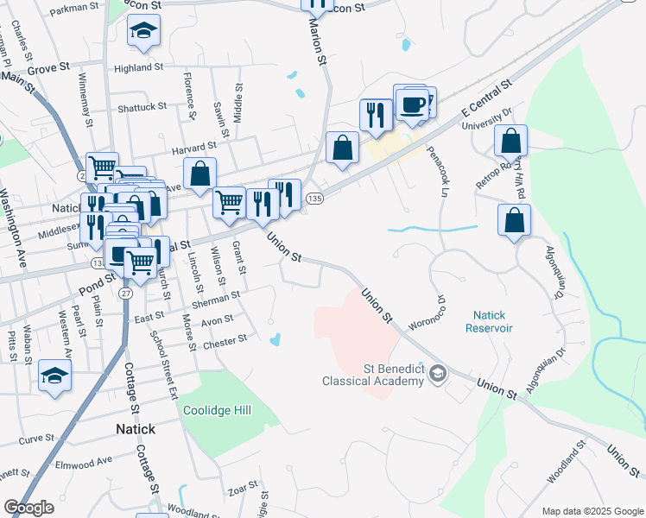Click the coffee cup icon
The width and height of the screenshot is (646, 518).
[x=412, y=105]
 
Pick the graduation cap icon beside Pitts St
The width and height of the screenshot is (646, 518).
[x=54, y=376]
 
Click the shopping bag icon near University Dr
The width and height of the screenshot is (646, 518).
[x=511, y=141]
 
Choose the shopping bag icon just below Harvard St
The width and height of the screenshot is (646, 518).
[x=200, y=174]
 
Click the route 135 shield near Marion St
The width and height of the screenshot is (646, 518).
[x=316, y=199]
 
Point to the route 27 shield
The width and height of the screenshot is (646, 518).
[x=126, y=294]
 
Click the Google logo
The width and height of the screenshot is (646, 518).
[x=28, y=508]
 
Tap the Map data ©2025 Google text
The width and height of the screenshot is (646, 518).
[x=593, y=511]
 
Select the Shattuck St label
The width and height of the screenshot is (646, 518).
[x=142, y=106]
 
